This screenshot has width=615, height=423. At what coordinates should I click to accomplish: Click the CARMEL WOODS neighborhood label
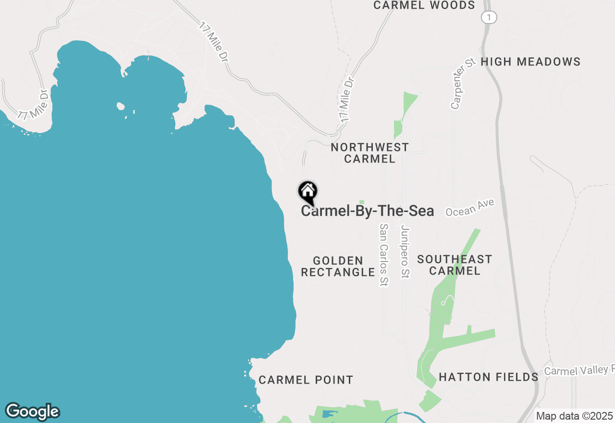(x=424, y=5)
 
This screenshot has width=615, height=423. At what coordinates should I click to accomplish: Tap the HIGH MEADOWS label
(x=530, y=62)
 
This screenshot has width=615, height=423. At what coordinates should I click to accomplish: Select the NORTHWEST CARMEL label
(x=369, y=153)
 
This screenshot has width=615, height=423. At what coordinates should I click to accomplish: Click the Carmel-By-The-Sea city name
(x=368, y=211)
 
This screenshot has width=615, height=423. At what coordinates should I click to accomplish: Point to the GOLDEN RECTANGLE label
(x=338, y=266)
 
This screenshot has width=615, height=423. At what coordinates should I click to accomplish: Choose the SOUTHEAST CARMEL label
(x=455, y=265)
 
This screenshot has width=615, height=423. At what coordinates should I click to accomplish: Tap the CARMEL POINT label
(x=306, y=380)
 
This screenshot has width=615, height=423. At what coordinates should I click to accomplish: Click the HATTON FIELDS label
(x=489, y=377)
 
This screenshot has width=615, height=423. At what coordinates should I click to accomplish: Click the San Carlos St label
(x=383, y=255)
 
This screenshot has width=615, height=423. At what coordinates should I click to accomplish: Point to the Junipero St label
(x=405, y=251)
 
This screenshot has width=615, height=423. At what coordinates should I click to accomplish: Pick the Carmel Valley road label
(x=579, y=370)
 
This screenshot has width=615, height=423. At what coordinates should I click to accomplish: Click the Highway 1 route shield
(x=489, y=17)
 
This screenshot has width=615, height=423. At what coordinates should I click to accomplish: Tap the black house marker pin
(x=308, y=192)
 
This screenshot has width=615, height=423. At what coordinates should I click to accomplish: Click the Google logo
(x=32, y=412)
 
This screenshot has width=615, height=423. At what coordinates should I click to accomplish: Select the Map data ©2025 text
(x=574, y=416)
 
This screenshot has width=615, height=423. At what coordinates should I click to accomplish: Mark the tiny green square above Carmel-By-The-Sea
(x=362, y=202)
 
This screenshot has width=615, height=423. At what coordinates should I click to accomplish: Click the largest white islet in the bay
(x=121, y=106)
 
